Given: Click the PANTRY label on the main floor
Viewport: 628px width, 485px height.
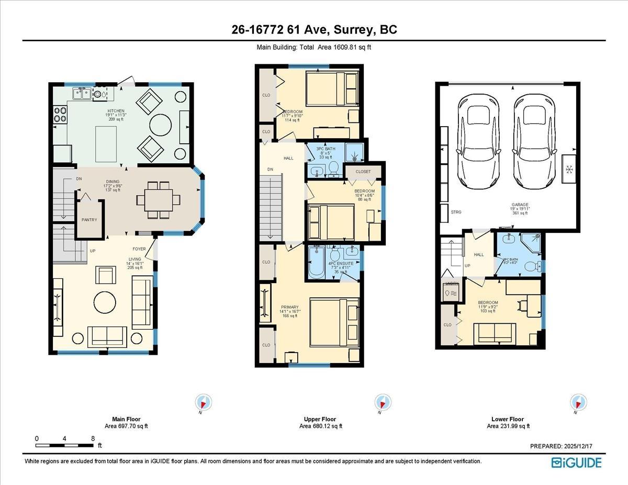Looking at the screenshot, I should [89, 220].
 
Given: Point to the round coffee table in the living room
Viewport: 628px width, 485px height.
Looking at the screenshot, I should [105, 302].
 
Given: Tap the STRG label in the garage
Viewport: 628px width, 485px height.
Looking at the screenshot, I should [456, 212].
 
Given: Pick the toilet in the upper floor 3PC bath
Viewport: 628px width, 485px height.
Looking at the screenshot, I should [333, 168].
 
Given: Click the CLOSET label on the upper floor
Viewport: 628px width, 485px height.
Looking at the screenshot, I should [363, 172].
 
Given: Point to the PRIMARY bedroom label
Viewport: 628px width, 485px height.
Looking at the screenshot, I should [289, 308].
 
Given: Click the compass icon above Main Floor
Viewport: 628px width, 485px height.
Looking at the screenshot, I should [203, 403].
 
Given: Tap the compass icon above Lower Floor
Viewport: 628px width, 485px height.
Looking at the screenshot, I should [578, 403].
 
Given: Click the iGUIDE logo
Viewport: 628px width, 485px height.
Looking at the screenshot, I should [576, 463].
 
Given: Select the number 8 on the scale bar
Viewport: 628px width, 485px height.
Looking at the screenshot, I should [93, 438].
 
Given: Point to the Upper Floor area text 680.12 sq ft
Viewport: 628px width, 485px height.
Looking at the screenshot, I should [320, 426].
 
